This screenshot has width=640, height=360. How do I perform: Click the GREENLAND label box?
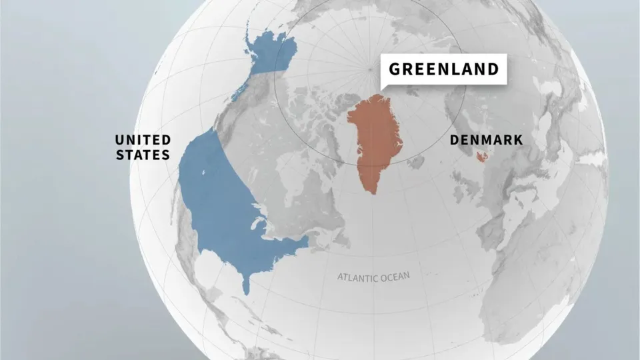[443, 69]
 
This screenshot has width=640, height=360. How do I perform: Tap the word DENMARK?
[486, 140]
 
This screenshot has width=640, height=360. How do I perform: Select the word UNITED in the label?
[143, 139]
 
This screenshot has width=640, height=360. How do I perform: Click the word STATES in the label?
[143, 155]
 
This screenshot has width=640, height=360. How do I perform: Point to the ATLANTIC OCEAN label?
[374, 275]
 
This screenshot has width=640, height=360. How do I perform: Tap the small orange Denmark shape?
[481, 156]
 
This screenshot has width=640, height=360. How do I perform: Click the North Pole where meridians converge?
[370, 68]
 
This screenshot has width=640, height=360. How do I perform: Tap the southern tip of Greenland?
[374, 193]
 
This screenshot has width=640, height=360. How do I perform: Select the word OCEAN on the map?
[397, 275]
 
